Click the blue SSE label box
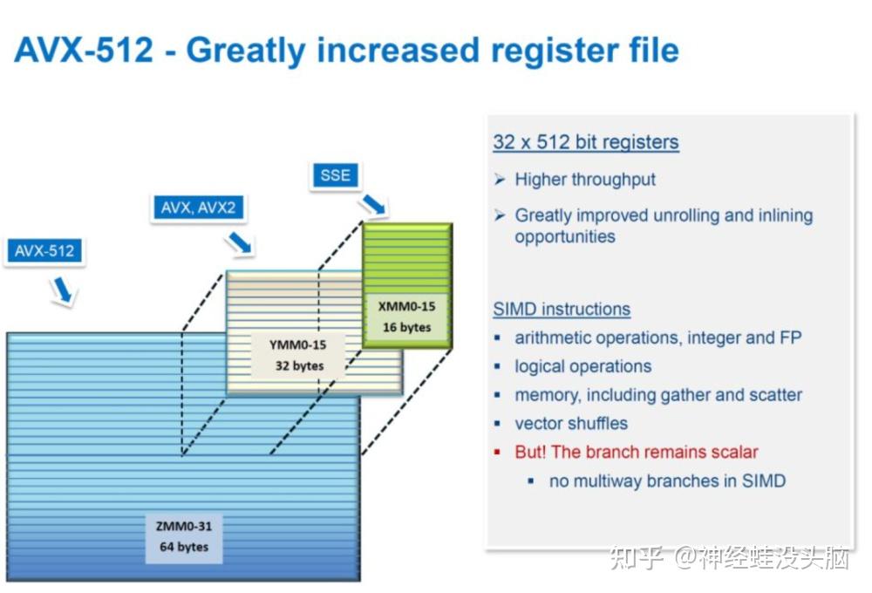(335, 175)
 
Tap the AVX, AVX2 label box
(198, 208)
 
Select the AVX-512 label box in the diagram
(44, 251)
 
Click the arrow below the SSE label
(372, 204)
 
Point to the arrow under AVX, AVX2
(240, 242)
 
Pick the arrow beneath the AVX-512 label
(62, 290)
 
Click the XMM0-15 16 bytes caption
(406, 317)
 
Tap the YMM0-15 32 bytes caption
(298, 355)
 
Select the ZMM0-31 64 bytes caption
(183, 536)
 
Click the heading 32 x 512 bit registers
(586, 142)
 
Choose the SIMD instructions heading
(562, 309)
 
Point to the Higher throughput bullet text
(585, 179)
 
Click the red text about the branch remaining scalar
(637, 452)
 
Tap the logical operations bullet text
(582, 366)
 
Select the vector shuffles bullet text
(571, 423)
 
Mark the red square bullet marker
(497, 452)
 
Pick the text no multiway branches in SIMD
(667, 481)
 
